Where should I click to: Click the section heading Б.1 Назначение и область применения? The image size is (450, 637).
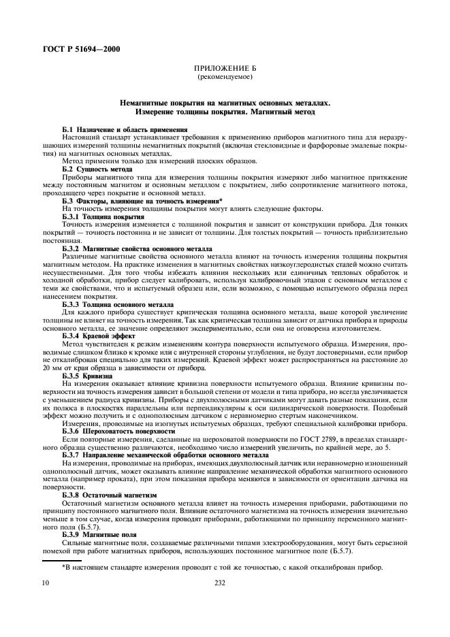pos(115,129)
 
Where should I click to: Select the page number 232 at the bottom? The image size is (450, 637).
pos(220,583)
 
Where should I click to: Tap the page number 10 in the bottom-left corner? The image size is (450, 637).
pos(46,583)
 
